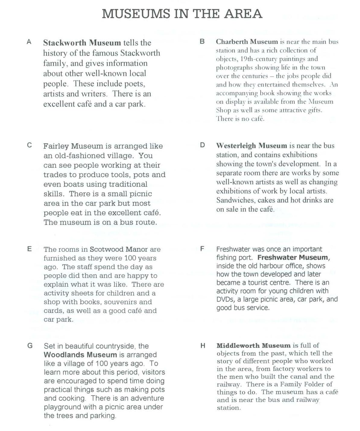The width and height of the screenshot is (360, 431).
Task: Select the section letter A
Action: (29, 42)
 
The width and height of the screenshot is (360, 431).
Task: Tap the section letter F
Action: (202, 249)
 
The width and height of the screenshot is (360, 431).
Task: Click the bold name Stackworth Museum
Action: (82, 43)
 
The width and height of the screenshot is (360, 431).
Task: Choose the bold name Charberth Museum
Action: (247, 42)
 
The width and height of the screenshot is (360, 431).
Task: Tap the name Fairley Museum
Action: (73, 146)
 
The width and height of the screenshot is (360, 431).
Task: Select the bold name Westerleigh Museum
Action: (251, 146)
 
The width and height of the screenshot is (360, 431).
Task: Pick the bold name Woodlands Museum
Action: (80, 355)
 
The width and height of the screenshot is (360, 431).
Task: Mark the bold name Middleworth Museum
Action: (253, 346)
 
